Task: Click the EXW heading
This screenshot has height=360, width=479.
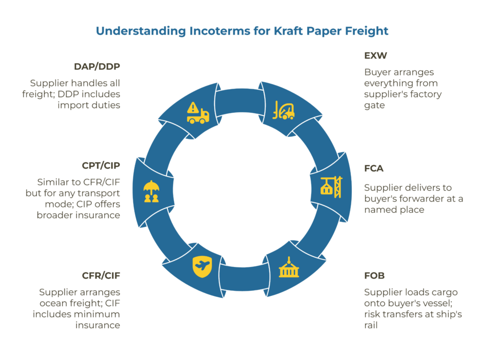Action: click(x=375, y=56)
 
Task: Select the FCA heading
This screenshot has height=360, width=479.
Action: click(x=374, y=168)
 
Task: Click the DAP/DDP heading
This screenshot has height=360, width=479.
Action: click(x=97, y=66)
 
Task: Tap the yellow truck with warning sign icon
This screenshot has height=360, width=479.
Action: click(x=197, y=113)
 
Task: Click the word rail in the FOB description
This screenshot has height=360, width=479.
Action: click(x=372, y=324)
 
